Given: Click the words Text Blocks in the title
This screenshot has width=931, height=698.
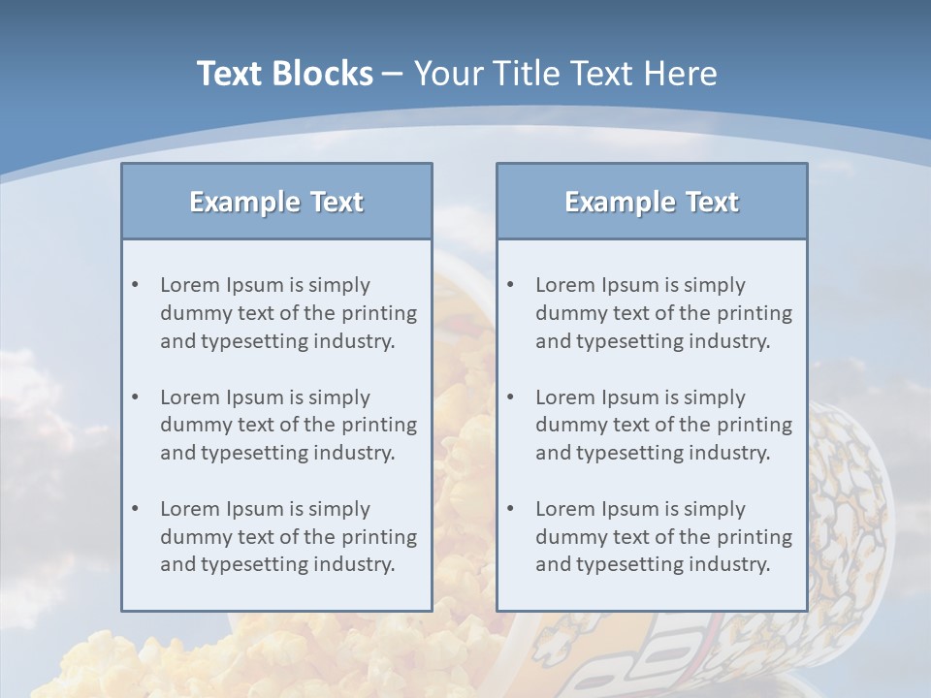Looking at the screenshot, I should coord(284,74).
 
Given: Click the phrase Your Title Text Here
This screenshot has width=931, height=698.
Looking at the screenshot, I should coord(565,74).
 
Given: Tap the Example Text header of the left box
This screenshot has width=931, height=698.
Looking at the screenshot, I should coord(276,202).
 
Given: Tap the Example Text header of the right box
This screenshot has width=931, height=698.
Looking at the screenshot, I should coord(652,202).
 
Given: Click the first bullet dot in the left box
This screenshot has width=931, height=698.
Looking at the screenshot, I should coord(136,285).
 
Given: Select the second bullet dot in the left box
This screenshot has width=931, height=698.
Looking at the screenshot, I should coord(136,397).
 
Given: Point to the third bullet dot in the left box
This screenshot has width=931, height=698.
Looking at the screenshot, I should coord(136,509).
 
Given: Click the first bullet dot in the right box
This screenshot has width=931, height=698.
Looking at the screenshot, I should coord(511,285).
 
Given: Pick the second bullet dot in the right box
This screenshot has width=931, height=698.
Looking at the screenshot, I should coord(511,397).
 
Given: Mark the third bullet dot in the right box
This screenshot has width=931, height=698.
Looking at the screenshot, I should coord(511,509).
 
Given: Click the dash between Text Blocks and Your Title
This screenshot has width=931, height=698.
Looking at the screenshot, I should coord(393,74).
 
